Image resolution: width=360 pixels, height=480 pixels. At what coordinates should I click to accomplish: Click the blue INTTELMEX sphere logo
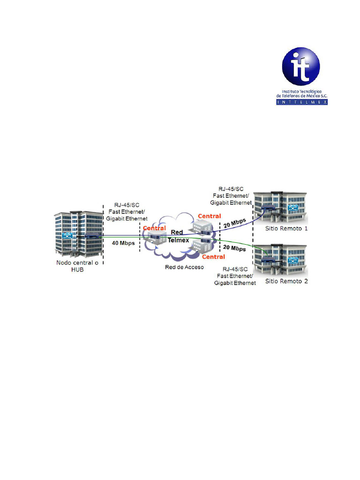point(301,67)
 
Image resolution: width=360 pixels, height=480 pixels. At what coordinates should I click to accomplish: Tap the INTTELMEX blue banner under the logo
point(302,102)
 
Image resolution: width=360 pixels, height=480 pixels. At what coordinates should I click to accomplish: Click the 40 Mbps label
point(123,243)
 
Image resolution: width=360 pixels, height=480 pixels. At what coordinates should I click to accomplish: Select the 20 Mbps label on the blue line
point(235,223)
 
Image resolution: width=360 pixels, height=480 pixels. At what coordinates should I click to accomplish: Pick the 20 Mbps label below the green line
point(234,248)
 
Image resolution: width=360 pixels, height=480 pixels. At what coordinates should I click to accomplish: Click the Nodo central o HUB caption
point(77,266)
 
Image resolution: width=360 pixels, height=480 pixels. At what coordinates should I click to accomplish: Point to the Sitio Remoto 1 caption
point(286,228)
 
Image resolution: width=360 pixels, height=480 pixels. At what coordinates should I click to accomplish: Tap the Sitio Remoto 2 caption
point(286,281)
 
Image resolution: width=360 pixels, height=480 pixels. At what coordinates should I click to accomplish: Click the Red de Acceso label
point(184,267)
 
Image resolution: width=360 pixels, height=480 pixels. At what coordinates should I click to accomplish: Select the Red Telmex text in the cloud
point(178,236)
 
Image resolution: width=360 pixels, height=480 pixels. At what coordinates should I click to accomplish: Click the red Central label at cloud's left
point(154,228)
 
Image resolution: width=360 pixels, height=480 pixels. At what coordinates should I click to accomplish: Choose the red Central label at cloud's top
point(210,216)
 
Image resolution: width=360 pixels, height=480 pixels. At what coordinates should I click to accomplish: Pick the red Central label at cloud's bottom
point(213,257)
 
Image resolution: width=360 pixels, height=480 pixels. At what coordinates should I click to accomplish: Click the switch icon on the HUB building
point(67,236)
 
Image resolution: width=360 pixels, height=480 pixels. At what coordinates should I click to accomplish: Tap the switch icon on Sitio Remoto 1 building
point(293,208)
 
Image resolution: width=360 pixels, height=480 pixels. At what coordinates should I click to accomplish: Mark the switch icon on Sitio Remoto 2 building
point(293,261)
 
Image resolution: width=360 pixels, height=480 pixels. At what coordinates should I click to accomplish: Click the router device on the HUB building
point(92,236)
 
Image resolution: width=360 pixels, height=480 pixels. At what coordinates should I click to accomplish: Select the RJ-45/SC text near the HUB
point(127,205)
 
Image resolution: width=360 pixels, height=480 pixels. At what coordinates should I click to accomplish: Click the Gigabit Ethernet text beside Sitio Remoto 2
point(235,283)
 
